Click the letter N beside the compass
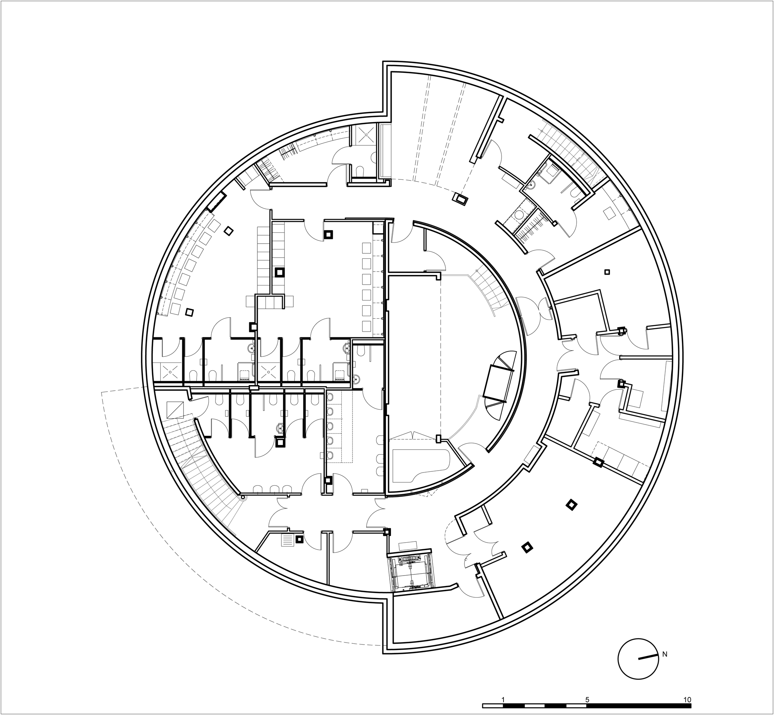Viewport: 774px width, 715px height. click(x=665, y=654)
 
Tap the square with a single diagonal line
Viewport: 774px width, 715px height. click(x=175, y=409)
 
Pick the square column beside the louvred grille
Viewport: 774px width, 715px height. click(x=299, y=539)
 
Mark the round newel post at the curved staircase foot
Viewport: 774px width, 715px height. click(x=243, y=497)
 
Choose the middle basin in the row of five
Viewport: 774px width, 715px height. click(x=330, y=426)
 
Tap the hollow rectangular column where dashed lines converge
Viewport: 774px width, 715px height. click(x=461, y=199)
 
